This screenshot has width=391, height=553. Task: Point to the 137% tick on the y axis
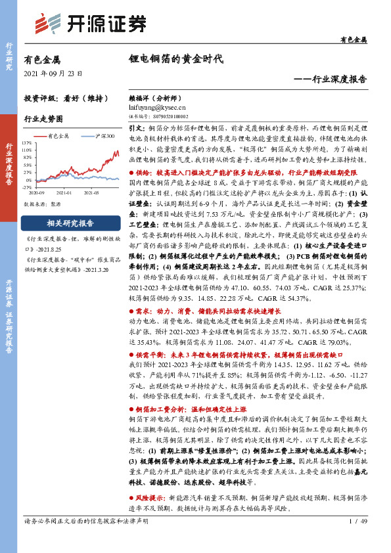pos(26,143)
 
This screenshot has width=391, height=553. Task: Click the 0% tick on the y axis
pos(27,179)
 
